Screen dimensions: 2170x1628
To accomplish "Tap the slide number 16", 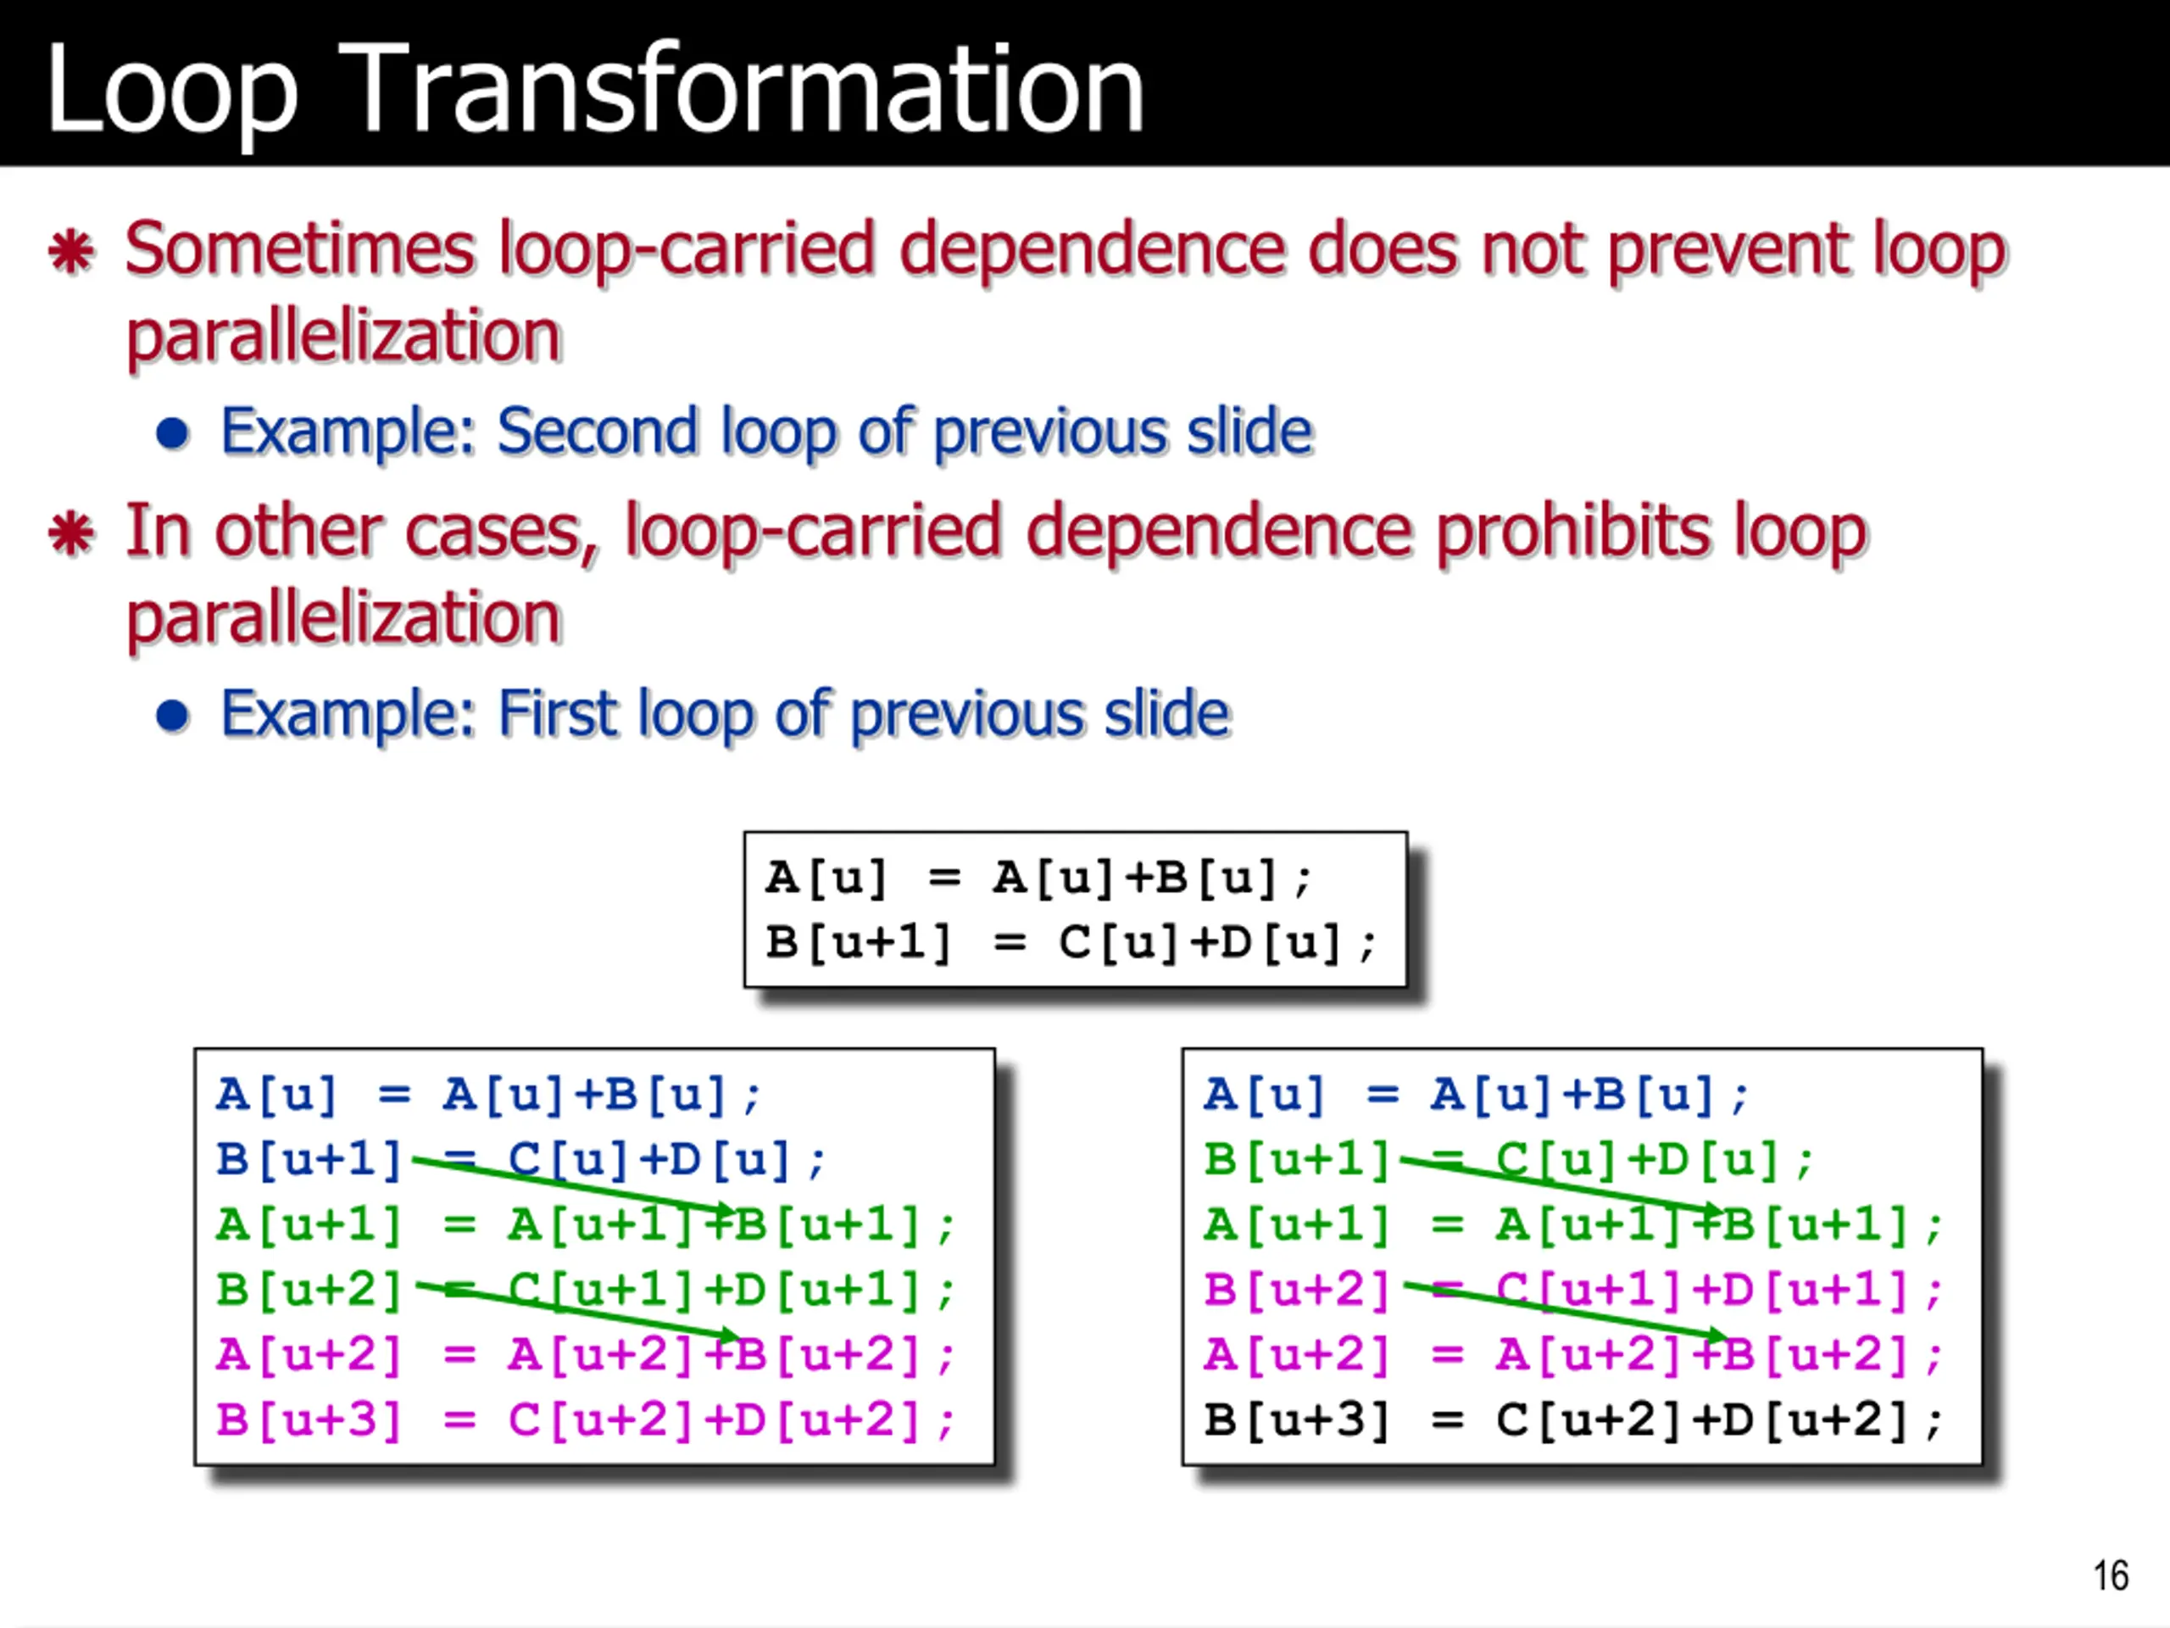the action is [2110, 1576].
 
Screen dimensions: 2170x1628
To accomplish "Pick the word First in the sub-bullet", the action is [556, 712].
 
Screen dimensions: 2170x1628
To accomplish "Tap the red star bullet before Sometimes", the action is [71, 251].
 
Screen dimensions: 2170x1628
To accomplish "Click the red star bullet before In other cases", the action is [71, 534].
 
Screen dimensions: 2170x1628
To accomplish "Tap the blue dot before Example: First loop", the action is [173, 716].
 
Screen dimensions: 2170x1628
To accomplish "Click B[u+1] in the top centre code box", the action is [859, 943].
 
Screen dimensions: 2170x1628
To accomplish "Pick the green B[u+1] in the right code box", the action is [1297, 1159].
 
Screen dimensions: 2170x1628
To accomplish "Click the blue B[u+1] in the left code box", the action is [309, 1159].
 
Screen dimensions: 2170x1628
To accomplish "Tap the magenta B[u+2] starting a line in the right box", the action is [1297, 1290].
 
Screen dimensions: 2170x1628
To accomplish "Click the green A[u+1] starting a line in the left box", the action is [309, 1224].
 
